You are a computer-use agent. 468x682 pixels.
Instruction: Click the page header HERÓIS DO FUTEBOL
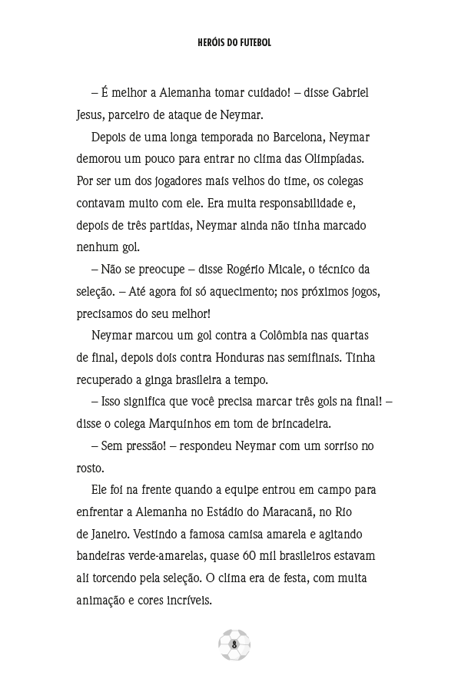click(x=234, y=44)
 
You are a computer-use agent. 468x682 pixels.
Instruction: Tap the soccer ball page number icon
click(x=234, y=644)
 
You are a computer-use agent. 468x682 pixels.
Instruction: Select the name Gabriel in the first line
click(x=348, y=92)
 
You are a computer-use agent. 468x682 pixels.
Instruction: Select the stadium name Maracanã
click(x=297, y=511)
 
